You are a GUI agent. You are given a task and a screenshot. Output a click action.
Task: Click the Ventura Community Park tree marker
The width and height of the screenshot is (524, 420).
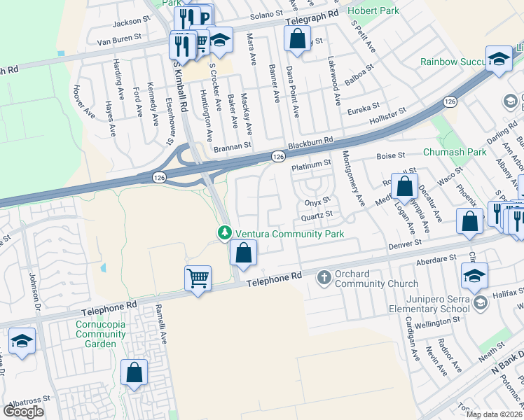pos(225,232)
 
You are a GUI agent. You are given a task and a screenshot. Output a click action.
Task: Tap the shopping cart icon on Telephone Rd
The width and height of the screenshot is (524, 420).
pos(198,279)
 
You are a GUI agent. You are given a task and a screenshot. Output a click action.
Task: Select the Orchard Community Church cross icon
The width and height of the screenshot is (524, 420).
pos(324,278)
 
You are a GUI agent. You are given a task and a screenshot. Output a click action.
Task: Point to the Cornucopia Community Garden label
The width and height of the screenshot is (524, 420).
pos(102,329)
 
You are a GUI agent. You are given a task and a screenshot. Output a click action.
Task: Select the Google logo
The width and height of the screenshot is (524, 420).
pos(24,411)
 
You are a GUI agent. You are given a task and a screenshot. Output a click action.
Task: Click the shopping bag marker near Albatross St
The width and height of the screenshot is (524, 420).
pos(134,372)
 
